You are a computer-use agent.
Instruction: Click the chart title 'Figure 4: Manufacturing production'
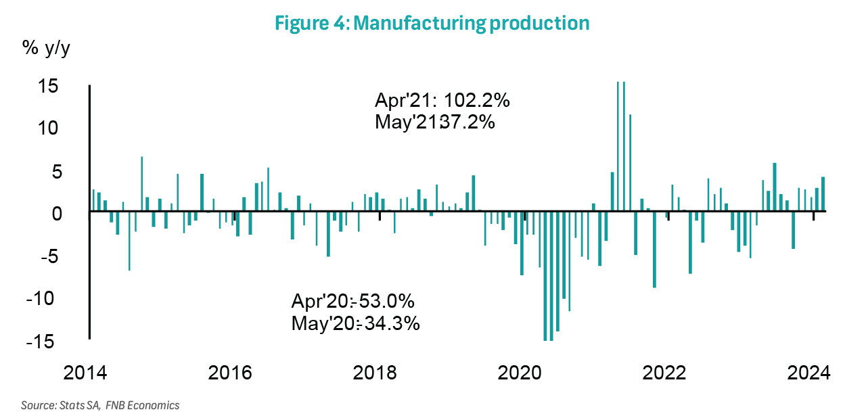[x=432, y=23]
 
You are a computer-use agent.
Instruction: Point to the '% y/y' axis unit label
[x=47, y=49]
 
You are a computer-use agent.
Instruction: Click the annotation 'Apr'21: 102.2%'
[x=442, y=101]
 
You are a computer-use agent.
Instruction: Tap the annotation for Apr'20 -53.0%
[x=357, y=301]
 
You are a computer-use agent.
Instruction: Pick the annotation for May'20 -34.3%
[x=356, y=323]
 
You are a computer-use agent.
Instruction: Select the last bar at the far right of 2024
[x=823, y=194]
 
